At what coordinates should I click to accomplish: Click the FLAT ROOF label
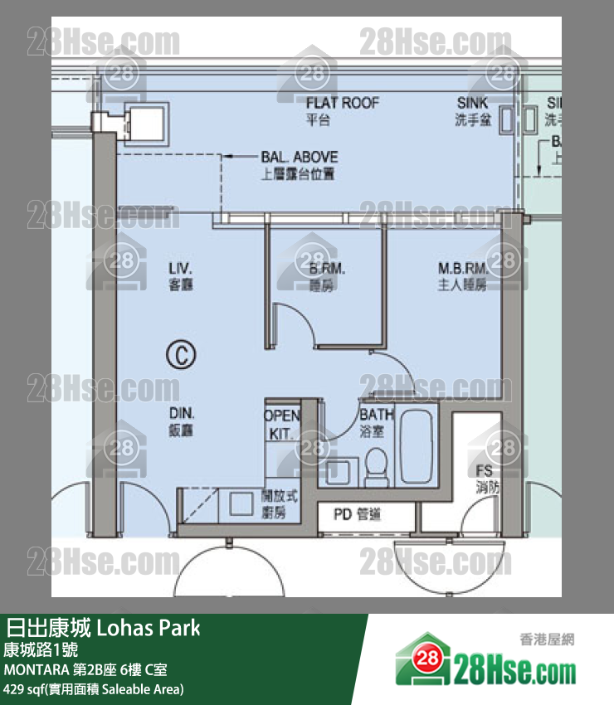click(342, 103)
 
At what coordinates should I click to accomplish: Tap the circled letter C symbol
click(179, 354)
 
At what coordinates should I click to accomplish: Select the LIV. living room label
click(180, 270)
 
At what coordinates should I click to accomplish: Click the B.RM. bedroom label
click(327, 270)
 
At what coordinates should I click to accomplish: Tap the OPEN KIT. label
click(282, 424)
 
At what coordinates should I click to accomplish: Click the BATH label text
click(376, 416)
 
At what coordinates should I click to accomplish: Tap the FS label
click(485, 472)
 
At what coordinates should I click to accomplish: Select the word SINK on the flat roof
click(473, 103)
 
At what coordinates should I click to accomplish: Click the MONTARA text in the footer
click(37, 669)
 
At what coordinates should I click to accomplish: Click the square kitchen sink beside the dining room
click(241, 503)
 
